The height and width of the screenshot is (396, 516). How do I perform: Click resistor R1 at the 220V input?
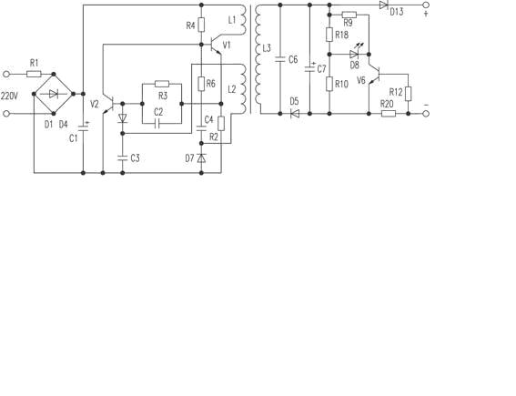[x=34, y=74]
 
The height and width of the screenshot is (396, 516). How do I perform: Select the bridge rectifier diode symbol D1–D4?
[x=54, y=94]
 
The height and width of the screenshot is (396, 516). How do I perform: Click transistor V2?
[x=108, y=104]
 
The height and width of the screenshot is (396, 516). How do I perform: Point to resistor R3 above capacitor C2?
[x=162, y=84]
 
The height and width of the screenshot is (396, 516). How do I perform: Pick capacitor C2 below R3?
[x=157, y=124]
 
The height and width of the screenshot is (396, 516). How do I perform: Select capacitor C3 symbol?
[x=123, y=157]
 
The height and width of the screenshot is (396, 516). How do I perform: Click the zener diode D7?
[x=201, y=158]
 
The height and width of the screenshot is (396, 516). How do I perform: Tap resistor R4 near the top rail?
[x=201, y=25]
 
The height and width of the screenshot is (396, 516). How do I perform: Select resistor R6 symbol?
[x=201, y=84]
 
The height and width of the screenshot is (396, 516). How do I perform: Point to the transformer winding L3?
[x=258, y=59]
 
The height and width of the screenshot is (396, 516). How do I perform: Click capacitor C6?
[x=280, y=59]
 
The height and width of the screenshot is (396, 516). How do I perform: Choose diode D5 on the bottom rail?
[x=295, y=114]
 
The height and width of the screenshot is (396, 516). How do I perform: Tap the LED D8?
[x=354, y=54]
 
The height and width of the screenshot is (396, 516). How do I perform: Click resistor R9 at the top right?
[x=349, y=15]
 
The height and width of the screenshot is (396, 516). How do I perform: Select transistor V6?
[x=375, y=75]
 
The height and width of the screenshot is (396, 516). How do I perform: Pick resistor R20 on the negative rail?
[x=389, y=114]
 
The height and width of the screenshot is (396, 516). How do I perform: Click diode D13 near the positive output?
[x=383, y=5]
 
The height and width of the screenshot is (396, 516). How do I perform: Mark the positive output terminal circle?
[x=426, y=5]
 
